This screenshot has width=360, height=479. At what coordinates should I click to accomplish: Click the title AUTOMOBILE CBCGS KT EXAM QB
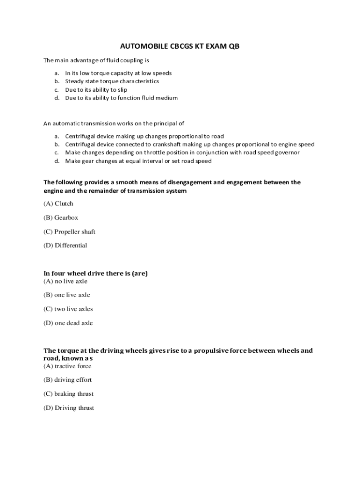tap(180, 46)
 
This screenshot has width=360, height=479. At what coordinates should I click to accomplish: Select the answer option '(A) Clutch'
tap(58, 203)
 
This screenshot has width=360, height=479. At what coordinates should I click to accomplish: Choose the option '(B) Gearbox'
tap(61, 218)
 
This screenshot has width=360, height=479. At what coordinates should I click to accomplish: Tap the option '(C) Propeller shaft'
tap(69, 232)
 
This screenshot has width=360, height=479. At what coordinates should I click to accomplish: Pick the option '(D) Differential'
tap(65, 246)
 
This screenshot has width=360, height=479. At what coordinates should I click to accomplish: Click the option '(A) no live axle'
tap(65, 281)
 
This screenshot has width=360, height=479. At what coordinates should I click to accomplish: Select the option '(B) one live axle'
tap(67, 295)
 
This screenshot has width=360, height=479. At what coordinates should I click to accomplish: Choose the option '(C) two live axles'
tap(68, 309)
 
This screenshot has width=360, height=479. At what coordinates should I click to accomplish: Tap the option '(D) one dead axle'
tap(68, 323)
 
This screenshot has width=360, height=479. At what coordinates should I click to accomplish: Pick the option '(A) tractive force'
tap(68, 366)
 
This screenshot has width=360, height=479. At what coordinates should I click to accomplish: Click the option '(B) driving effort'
tap(68, 380)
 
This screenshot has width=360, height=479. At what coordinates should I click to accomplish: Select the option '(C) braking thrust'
tap(69, 394)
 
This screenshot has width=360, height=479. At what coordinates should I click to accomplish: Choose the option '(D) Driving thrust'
tap(69, 408)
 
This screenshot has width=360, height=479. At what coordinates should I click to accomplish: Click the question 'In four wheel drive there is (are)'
tap(95, 273)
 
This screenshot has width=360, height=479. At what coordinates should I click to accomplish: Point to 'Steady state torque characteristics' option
tap(112, 81)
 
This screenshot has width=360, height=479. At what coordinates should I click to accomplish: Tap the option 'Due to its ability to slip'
tap(96, 90)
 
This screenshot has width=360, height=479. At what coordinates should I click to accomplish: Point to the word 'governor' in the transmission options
tap(287, 153)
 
